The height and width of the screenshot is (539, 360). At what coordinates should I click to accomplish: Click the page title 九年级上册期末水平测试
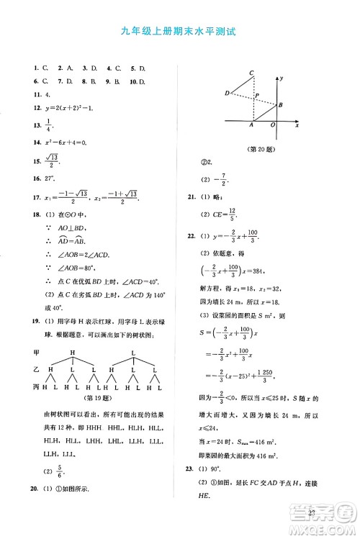pos(179,32)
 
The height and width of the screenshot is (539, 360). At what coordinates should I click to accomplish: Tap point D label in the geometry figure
pos(228,93)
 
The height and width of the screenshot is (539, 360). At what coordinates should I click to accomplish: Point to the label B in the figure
pos(280,105)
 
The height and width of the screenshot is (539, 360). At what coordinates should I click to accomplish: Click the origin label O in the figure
pos(273,125)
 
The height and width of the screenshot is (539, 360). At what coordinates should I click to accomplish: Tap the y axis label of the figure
pos(282,77)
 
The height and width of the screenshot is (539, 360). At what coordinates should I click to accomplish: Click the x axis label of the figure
pos(296,125)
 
